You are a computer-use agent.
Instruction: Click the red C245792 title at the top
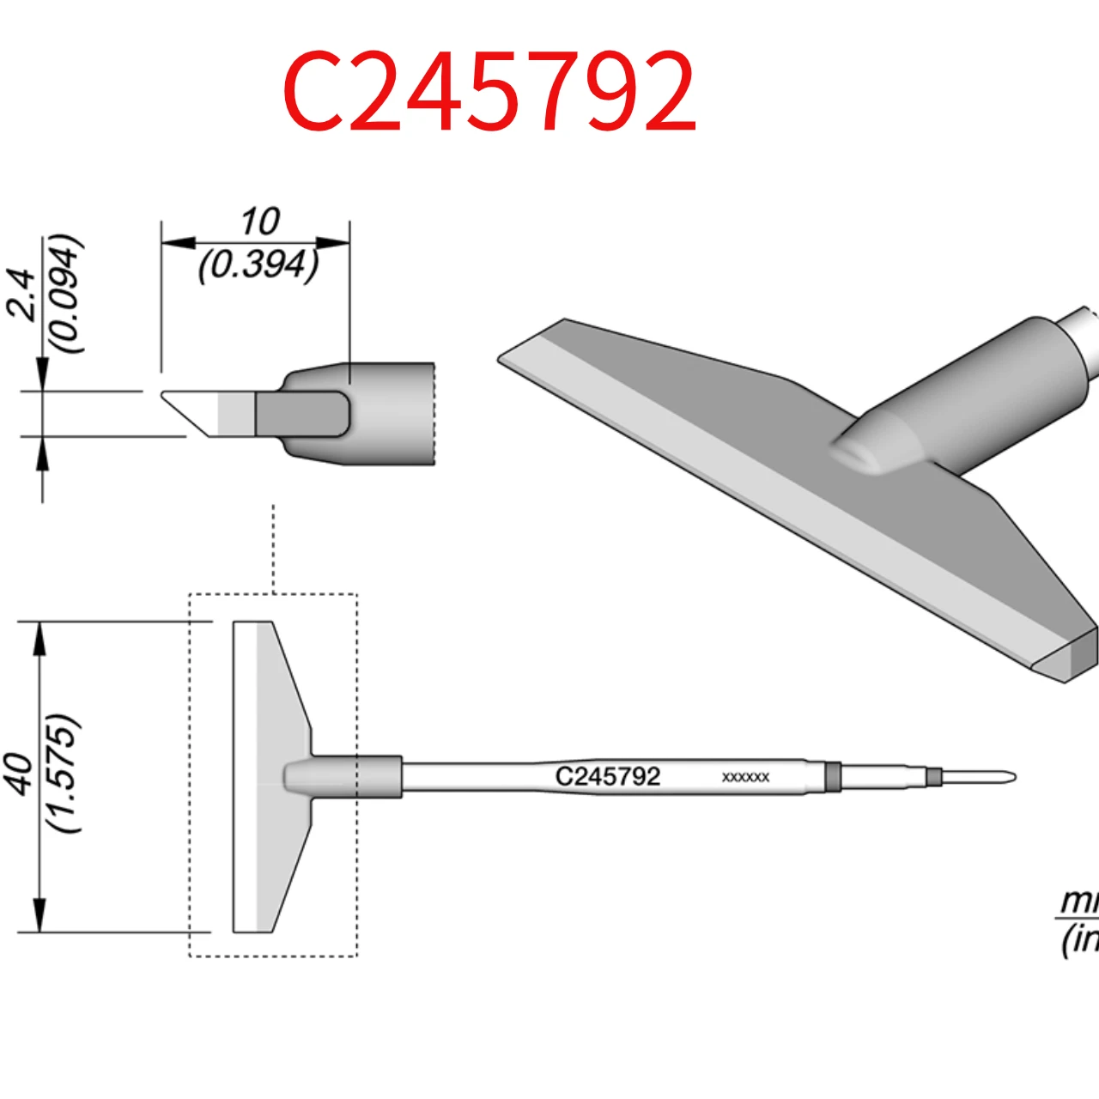click(489, 91)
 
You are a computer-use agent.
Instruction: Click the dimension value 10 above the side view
click(259, 222)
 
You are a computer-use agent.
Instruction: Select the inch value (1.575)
click(64, 774)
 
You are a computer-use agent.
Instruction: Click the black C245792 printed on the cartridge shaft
click(608, 776)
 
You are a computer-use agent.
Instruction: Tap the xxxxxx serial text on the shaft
click(745, 777)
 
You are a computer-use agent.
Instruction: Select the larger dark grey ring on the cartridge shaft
click(832, 777)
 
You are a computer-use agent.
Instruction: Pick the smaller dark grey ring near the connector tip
click(934, 778)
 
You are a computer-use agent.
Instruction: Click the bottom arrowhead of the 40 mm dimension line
click(39, 915)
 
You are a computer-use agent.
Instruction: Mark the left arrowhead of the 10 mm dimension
click(177, 243)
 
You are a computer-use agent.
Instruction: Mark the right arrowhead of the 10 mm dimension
click(334, 243)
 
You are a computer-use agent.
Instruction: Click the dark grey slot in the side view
click(301, 414)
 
